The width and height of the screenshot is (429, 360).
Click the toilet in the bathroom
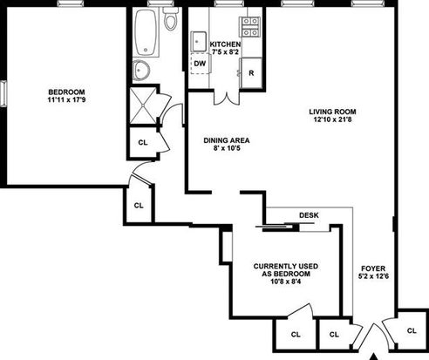pyautogui.click(x=171, y=18)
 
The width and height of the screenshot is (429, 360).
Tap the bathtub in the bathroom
pyautogui.click(x=146, y=32)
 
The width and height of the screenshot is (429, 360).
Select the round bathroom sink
pyautogui.click(x=141, y=71)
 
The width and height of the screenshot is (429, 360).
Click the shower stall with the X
pyautogui.click(x=143, y=105)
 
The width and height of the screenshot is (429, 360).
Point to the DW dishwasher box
pyautogui.click(x=200, y=64)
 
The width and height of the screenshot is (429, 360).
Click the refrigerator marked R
pyautogui.click(x=251, y=73)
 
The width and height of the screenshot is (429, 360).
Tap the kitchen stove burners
pyautogui.click(x=249, y=27)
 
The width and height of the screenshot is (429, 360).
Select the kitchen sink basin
pyautogui.click(x=199, y=42)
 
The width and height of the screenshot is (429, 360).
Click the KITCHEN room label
pyautogui.click(x=225, y=44)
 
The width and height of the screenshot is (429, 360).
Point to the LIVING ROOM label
pyautogui.click(x=332, y=112)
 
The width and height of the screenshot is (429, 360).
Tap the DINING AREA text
pyautogui.click(x=227, y=140)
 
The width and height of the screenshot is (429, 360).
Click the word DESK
pyautogui.click(x=309, y=215)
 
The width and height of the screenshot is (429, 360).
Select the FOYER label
pyautogui.click(x=373, y=268)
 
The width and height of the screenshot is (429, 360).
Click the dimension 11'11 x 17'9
pyautogui.click(x=66, y=100)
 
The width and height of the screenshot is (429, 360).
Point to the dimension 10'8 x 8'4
pyautogui.click(x=286, y=282)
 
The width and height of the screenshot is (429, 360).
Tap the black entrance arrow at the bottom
pyautogui.click(x=374, y=357)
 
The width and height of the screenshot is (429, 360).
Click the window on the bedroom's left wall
pyautogui.click(x=3, y=93)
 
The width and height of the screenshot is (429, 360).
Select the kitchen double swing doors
pyautogui.click(x=227, y=98)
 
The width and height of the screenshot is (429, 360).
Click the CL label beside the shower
pyautogui.click(x=143, y=143)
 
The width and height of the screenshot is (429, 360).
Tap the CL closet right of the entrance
pyautogui.click(x=412, y=330)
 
